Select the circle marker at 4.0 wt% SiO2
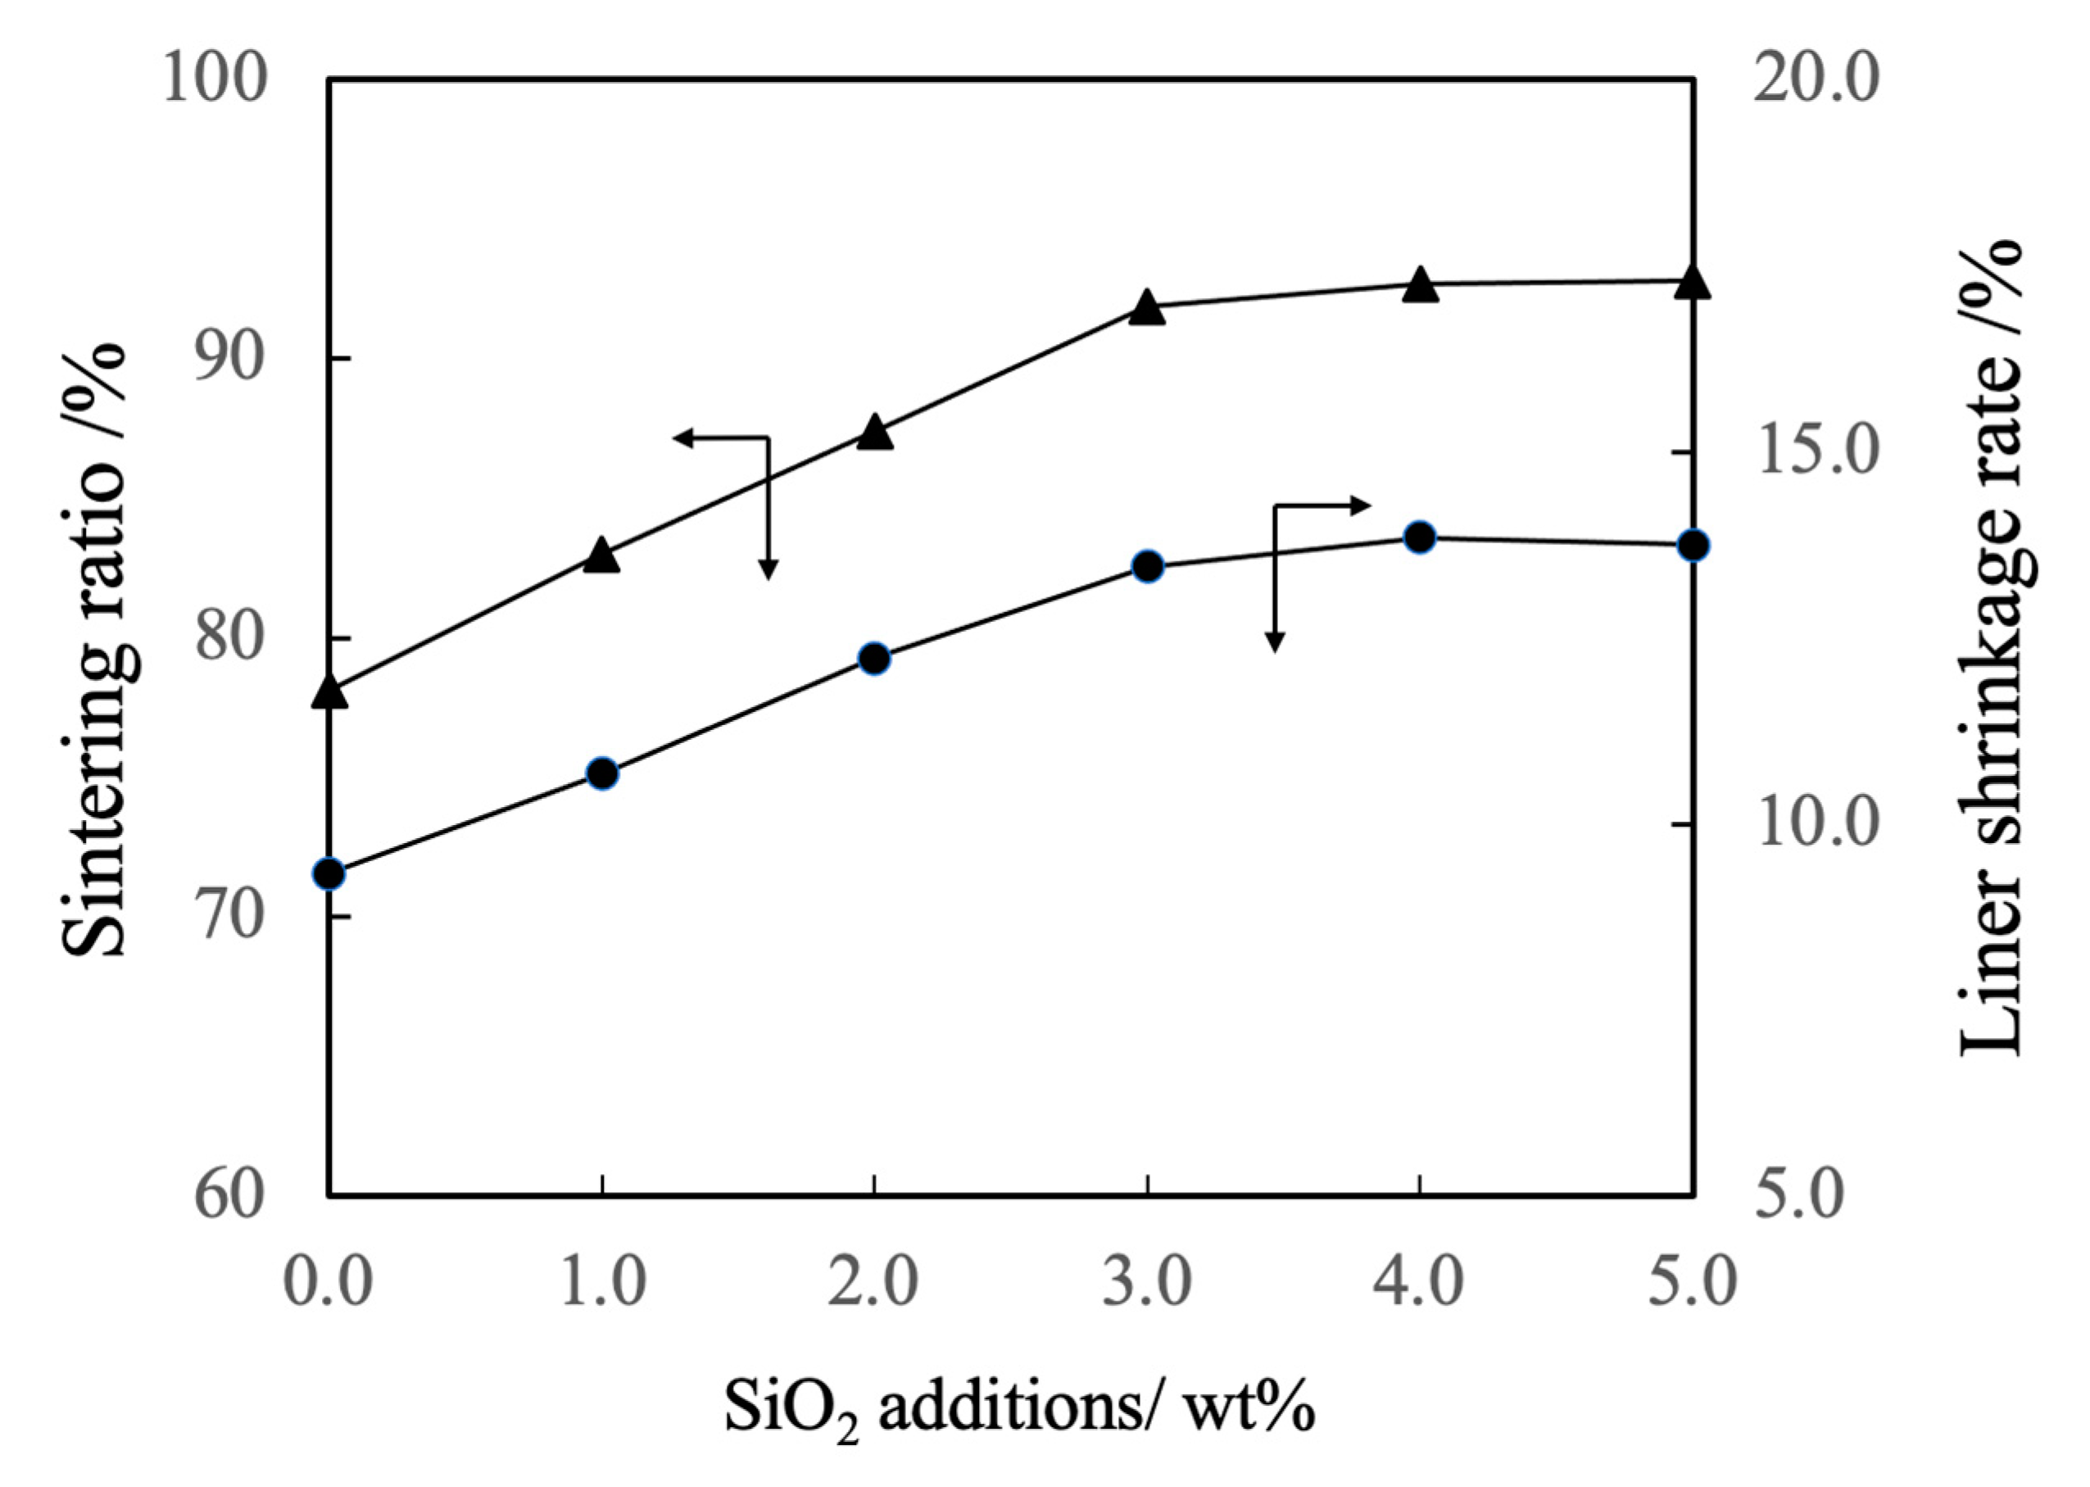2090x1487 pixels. (1419, 537)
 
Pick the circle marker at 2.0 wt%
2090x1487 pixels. (874, 659)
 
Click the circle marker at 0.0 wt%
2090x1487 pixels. (329, 874)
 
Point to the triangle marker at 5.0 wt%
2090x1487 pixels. (1692, 283)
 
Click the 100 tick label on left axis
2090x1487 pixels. (215, 79)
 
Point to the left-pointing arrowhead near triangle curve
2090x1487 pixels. (681, 437)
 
